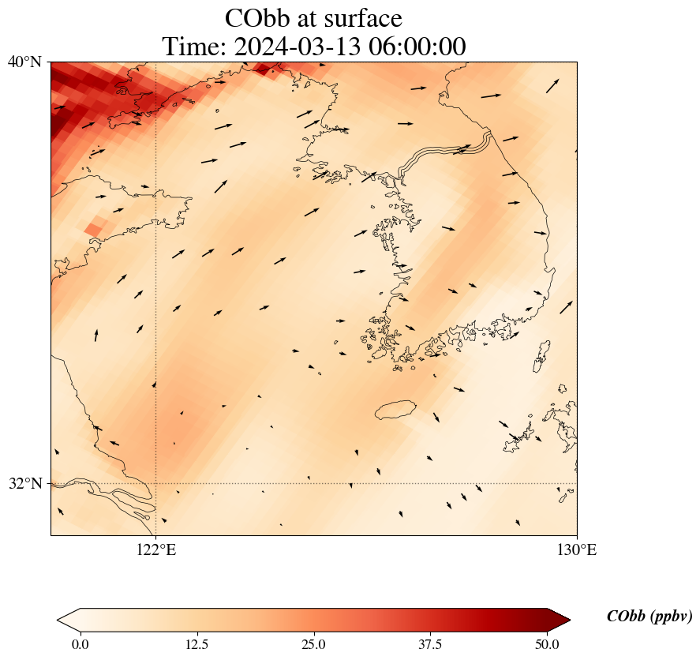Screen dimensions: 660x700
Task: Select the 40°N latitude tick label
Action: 25,62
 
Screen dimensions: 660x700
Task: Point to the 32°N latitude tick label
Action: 25,483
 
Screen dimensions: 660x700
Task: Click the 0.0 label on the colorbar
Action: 80,644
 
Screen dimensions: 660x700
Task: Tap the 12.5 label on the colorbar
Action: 197,644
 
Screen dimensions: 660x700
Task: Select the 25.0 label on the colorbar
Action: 313,644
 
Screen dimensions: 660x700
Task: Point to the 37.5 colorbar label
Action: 430,644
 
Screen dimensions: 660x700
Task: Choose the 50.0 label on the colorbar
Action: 547,644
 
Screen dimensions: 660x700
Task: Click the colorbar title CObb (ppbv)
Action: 649,617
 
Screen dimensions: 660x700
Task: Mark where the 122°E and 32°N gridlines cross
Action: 156,483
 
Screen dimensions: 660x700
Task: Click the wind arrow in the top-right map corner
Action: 552,85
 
